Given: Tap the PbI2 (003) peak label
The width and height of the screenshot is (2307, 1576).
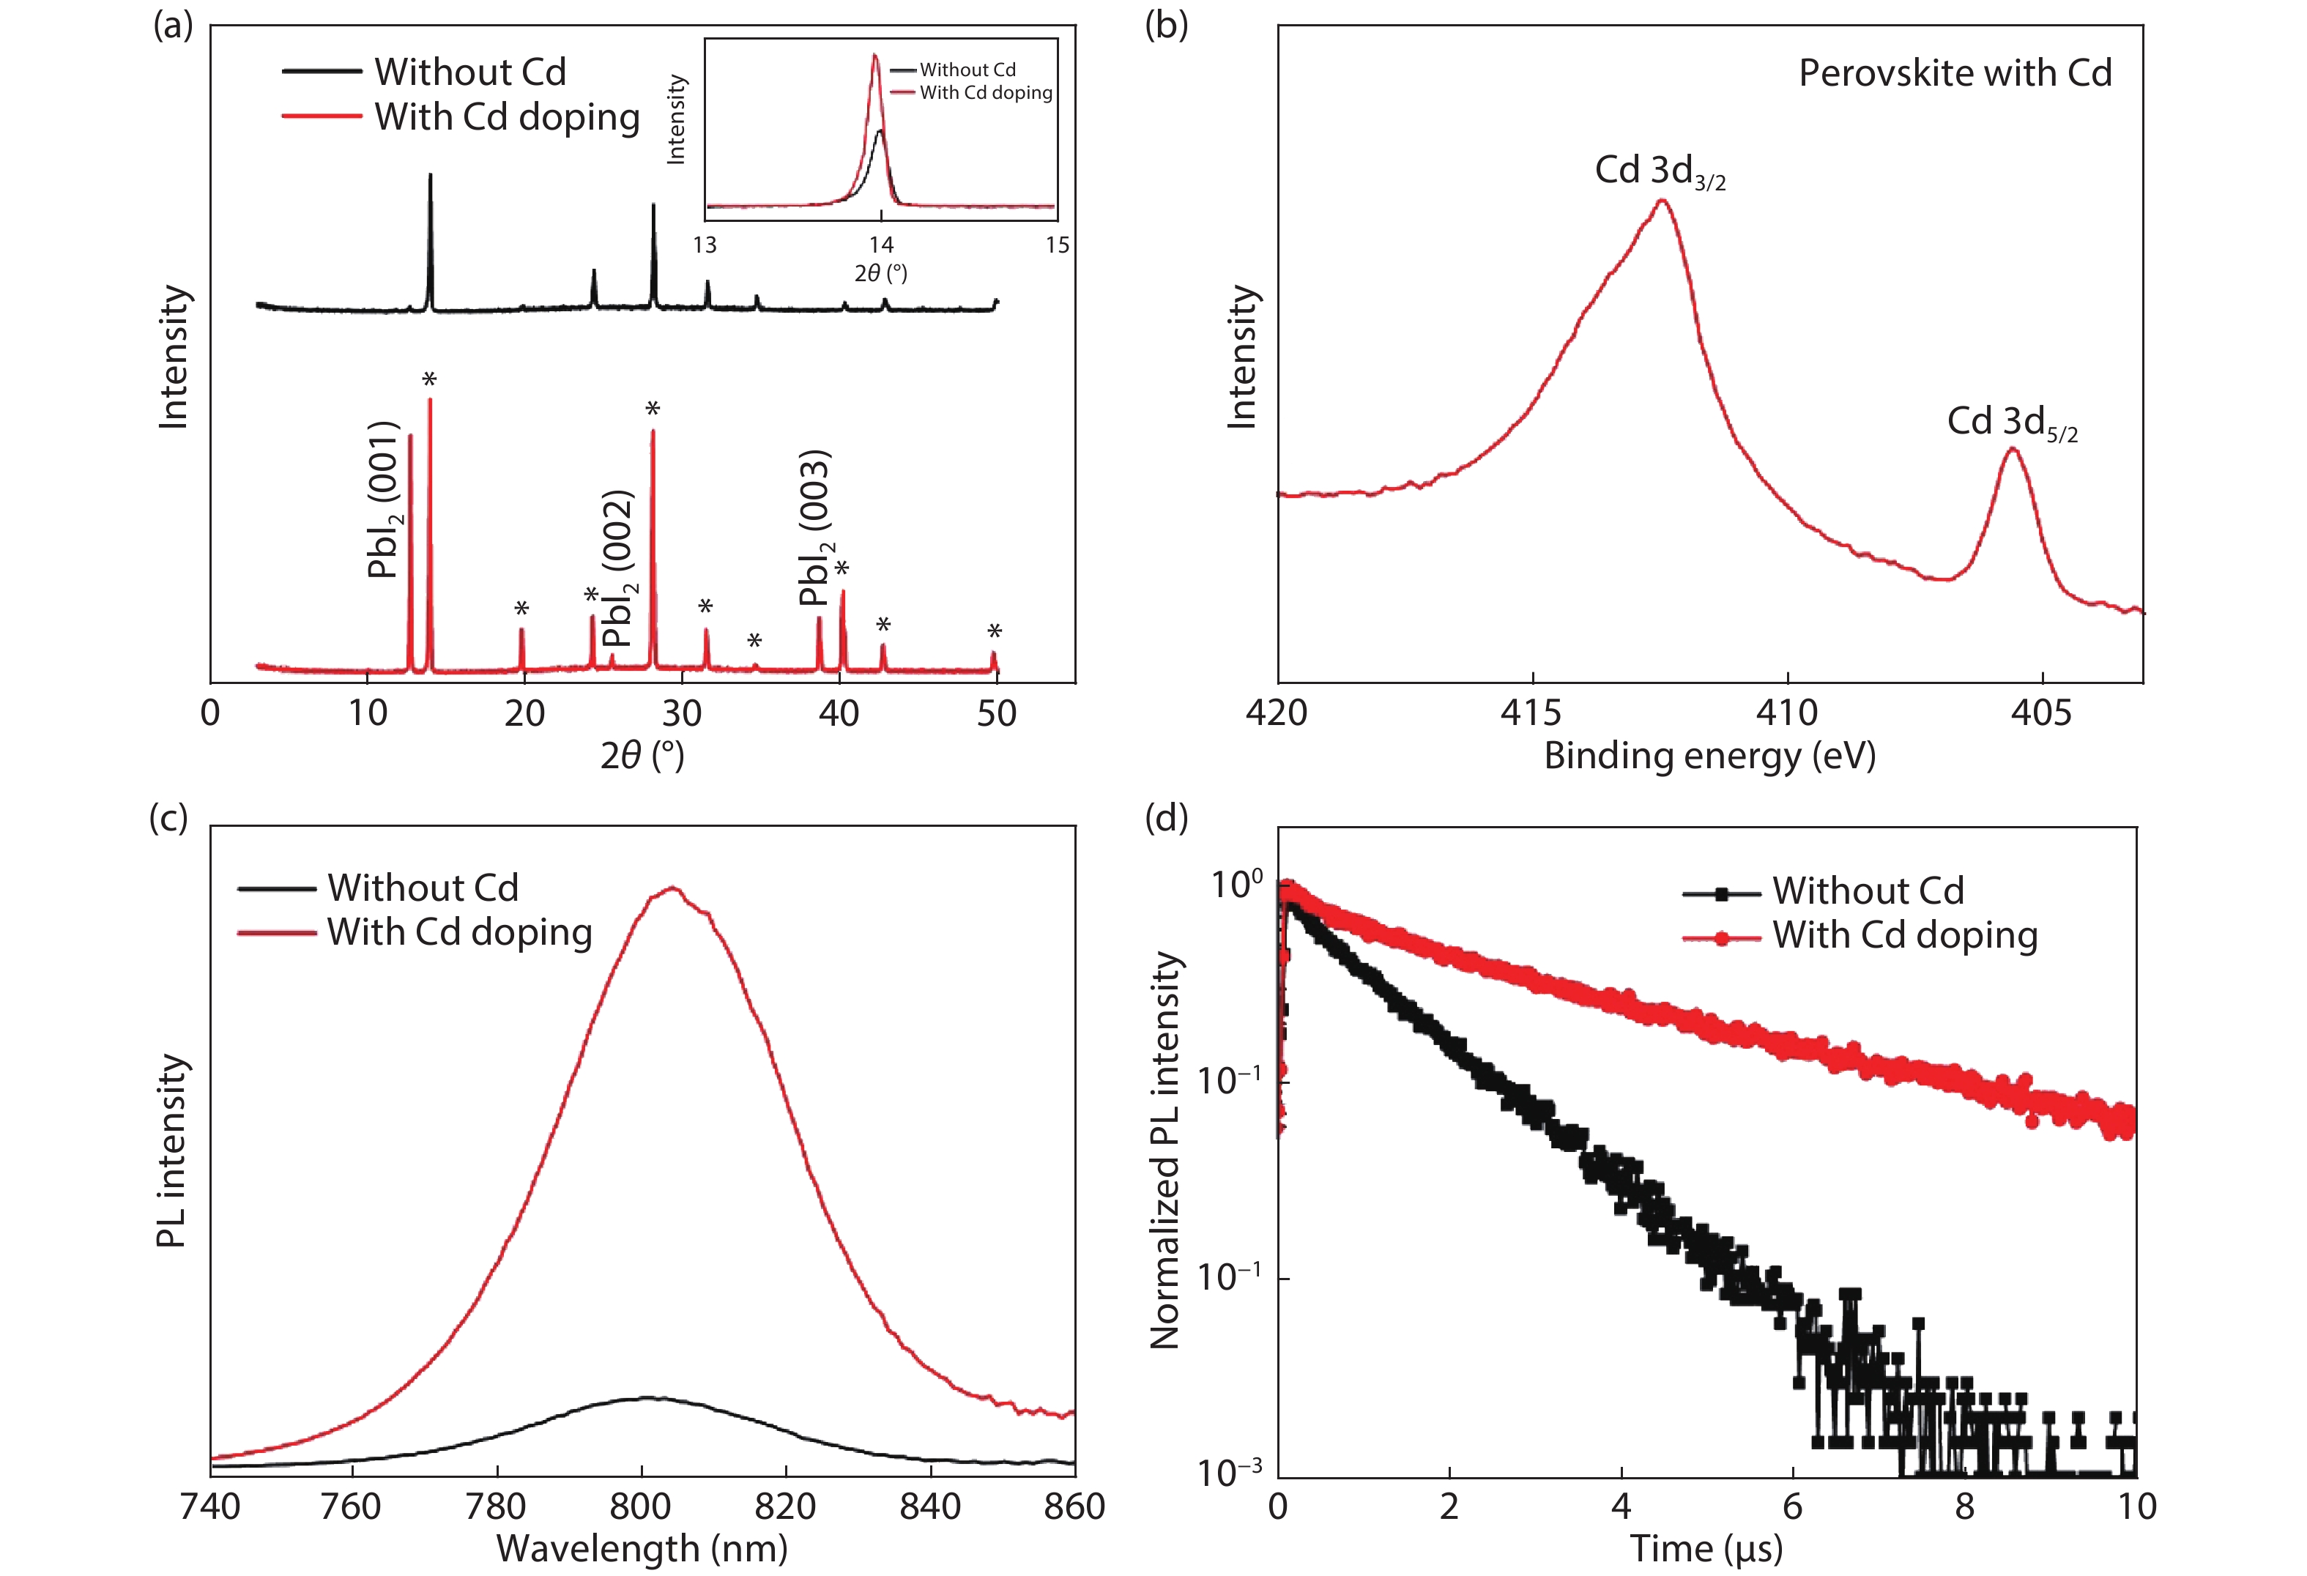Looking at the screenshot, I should tap(816, 528).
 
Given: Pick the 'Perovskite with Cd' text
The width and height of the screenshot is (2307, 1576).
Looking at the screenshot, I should tap(1955, 73).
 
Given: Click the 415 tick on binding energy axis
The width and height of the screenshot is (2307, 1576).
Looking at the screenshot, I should tap(1531, 713).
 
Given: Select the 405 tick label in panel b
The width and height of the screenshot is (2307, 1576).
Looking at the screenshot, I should tap(2042, 713).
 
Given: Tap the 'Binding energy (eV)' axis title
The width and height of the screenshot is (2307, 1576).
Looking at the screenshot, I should tap(1709, 757).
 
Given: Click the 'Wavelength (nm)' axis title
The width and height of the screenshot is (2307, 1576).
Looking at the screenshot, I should tap(642, 1548).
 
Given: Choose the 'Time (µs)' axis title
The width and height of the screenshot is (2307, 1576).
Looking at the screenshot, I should tap(1706, 1548).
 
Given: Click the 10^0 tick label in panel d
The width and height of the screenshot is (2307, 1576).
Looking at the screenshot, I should tap(1236, 883).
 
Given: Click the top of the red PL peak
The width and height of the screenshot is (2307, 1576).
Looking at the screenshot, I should tap(673, 888).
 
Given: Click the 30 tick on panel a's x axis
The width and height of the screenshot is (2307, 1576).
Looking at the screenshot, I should tap(682, 713).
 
